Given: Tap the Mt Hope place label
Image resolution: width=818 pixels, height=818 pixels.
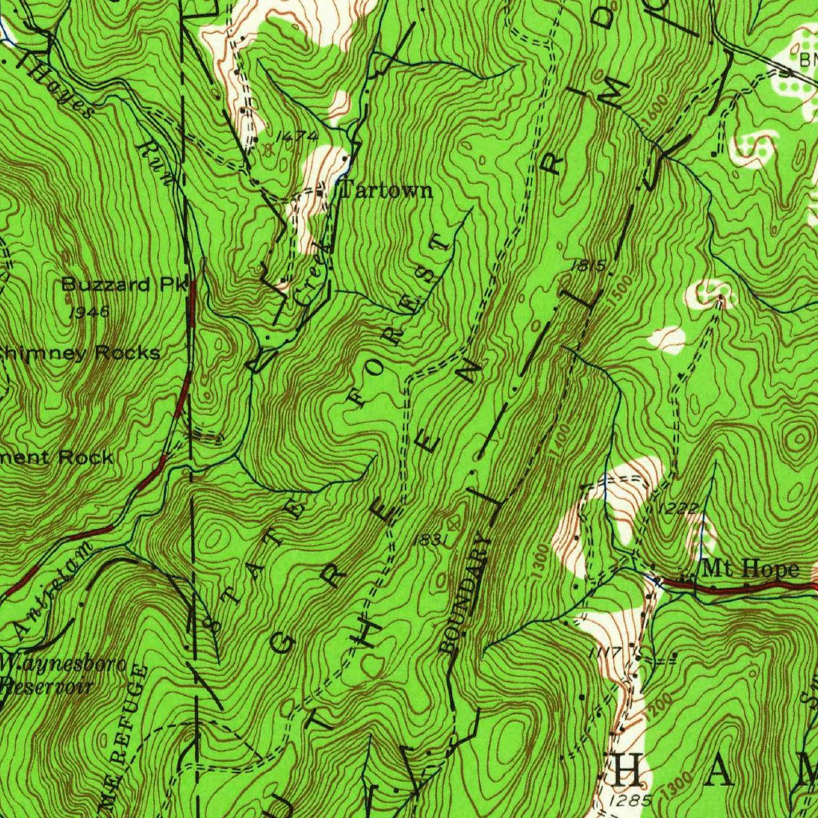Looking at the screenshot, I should (749, 569).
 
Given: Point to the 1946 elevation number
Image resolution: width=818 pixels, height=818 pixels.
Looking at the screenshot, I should (88, 312).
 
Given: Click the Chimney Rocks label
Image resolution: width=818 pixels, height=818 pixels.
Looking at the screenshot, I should (80, 352).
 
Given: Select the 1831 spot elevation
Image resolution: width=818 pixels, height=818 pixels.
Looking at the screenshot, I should (429, 540).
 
